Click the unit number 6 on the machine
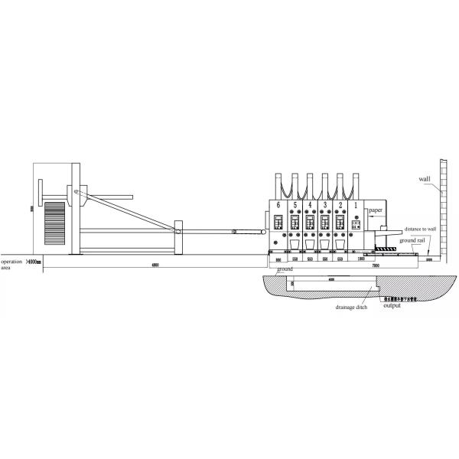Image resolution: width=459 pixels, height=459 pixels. click(x=279, y=205)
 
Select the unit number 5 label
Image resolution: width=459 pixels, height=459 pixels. click(x=295, y=205)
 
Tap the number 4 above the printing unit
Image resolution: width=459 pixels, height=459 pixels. click(x=310, y=205)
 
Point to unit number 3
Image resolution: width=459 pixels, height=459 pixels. click(x=325, y=205)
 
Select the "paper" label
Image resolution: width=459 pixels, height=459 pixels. click(x=374, y=209)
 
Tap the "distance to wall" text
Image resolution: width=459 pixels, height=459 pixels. click(x=421, y=228)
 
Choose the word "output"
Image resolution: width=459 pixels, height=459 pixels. click(x=391, y=307)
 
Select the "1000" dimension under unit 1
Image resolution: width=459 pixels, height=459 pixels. click(x=360, y=259)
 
